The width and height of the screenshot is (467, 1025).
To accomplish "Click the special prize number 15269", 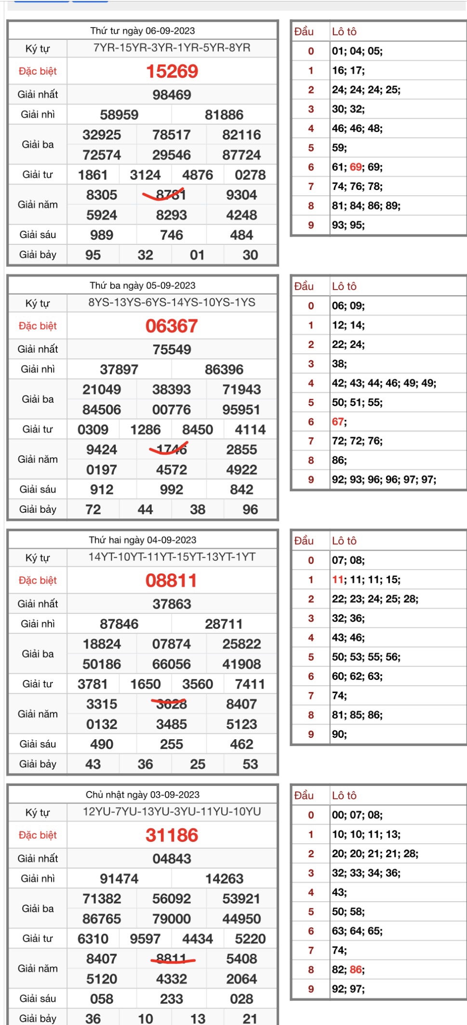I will point(172,71).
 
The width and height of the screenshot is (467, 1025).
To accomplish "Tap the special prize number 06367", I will point(172,326).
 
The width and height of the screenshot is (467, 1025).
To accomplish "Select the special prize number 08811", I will point(172,581).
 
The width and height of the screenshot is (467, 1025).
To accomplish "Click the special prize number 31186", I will point(172,835).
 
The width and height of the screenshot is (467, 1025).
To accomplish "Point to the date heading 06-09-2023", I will point(143,31).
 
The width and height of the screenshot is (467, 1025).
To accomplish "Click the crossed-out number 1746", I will point(171,450).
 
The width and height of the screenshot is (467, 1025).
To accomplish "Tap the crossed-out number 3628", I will point(171,704).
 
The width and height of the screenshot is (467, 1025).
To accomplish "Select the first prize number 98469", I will point(172,94).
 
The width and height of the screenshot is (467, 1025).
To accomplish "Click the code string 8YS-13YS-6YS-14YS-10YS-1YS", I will point(172,303).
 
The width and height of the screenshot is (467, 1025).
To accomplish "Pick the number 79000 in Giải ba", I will point(172,919).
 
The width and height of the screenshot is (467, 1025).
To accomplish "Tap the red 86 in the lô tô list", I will point(357,970).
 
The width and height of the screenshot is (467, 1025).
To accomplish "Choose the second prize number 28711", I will point(224,624).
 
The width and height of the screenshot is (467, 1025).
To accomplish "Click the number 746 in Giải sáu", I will point(172,235).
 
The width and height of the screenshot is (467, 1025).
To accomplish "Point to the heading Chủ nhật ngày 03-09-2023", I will point(143,795).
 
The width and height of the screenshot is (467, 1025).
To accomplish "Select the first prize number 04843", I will point(172,859).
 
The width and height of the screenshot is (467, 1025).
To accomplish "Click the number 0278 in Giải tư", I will point(250,175).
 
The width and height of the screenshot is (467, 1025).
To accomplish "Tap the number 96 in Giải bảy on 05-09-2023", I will point(250,509).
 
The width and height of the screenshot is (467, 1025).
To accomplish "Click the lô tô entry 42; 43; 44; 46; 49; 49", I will point(384,383).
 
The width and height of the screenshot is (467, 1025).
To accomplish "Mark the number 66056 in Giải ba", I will point(172,664).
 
